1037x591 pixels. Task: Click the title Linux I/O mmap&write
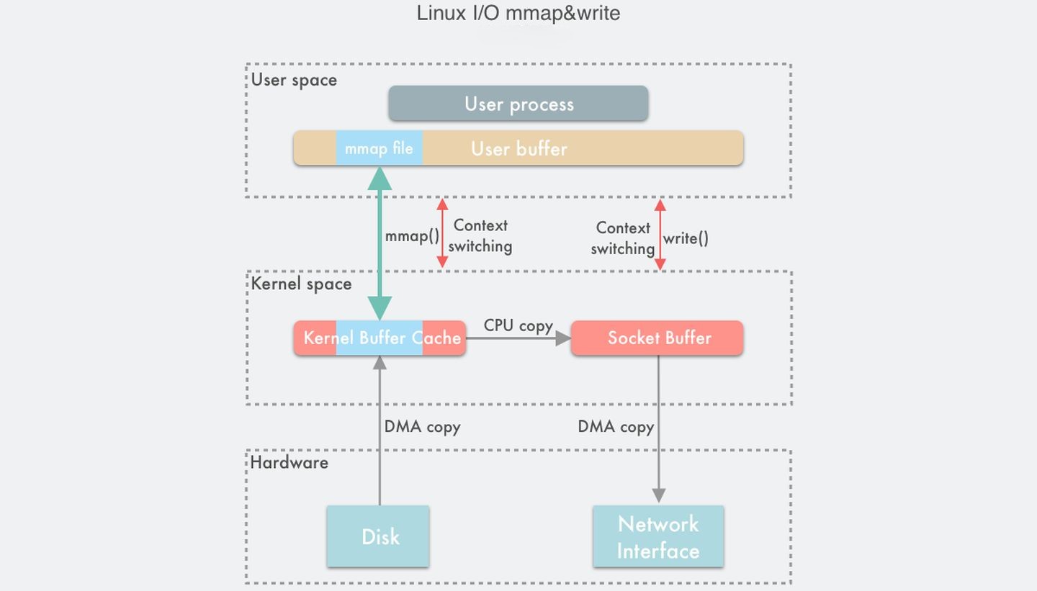518,13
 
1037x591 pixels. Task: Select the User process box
518,104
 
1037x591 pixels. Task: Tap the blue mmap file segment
379,148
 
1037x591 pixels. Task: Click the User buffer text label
519,148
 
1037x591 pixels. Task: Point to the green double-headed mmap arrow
380,245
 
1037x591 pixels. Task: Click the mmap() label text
411,236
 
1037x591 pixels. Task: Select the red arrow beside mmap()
443,235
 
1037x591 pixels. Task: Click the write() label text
686,238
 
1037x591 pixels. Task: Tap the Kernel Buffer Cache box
380,338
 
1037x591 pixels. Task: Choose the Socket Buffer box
657,338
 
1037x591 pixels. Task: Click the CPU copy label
518,325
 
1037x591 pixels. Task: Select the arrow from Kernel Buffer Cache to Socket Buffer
518,338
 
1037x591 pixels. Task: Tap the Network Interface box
658,536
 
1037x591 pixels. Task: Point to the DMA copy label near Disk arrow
422,426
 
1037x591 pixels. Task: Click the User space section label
294,79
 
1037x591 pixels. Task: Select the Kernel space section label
301,284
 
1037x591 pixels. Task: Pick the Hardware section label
289,462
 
